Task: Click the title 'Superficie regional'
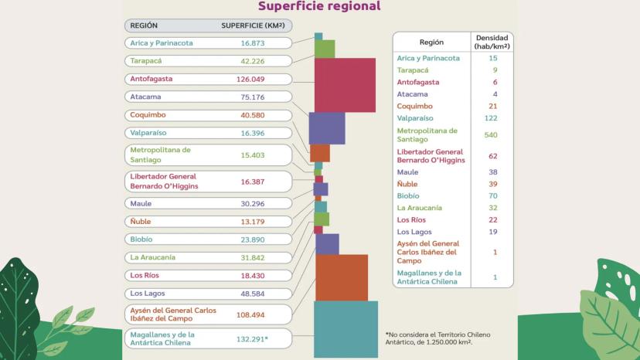coord(319,7)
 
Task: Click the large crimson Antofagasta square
coord(345,85)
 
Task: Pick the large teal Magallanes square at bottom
coord(346,329)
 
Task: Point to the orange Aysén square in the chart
coord(342,277)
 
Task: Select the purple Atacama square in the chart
coord(327,128)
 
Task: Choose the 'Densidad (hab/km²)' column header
coord(492,42)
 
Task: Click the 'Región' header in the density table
coord(431,42)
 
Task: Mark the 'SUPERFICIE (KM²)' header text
coord(254,25)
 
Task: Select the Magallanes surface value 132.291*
coord(252,338)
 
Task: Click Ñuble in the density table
coord(407,185)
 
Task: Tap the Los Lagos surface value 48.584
coord(252,294)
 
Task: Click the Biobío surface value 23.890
coord(252,239)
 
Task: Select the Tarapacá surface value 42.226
coord(252,61)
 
